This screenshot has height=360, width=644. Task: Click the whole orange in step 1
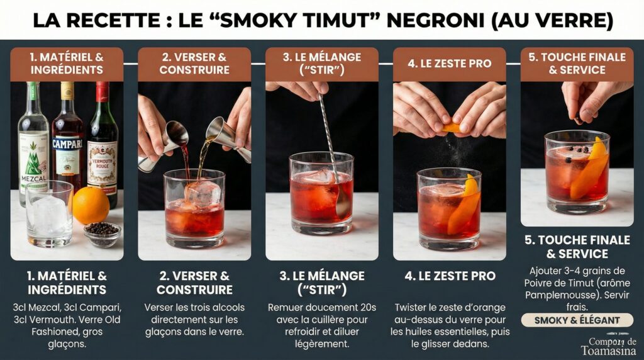click(91, 206)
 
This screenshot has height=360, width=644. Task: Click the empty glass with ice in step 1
click(49, 214)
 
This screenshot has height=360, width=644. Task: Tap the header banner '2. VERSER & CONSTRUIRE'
click(194, 64)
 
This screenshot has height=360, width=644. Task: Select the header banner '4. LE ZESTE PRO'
click(449, 64)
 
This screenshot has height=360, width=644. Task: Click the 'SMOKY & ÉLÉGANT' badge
click(577, 320)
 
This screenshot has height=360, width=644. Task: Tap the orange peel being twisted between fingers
click(451, 128)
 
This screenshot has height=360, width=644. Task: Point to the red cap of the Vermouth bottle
click(102, 92)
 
